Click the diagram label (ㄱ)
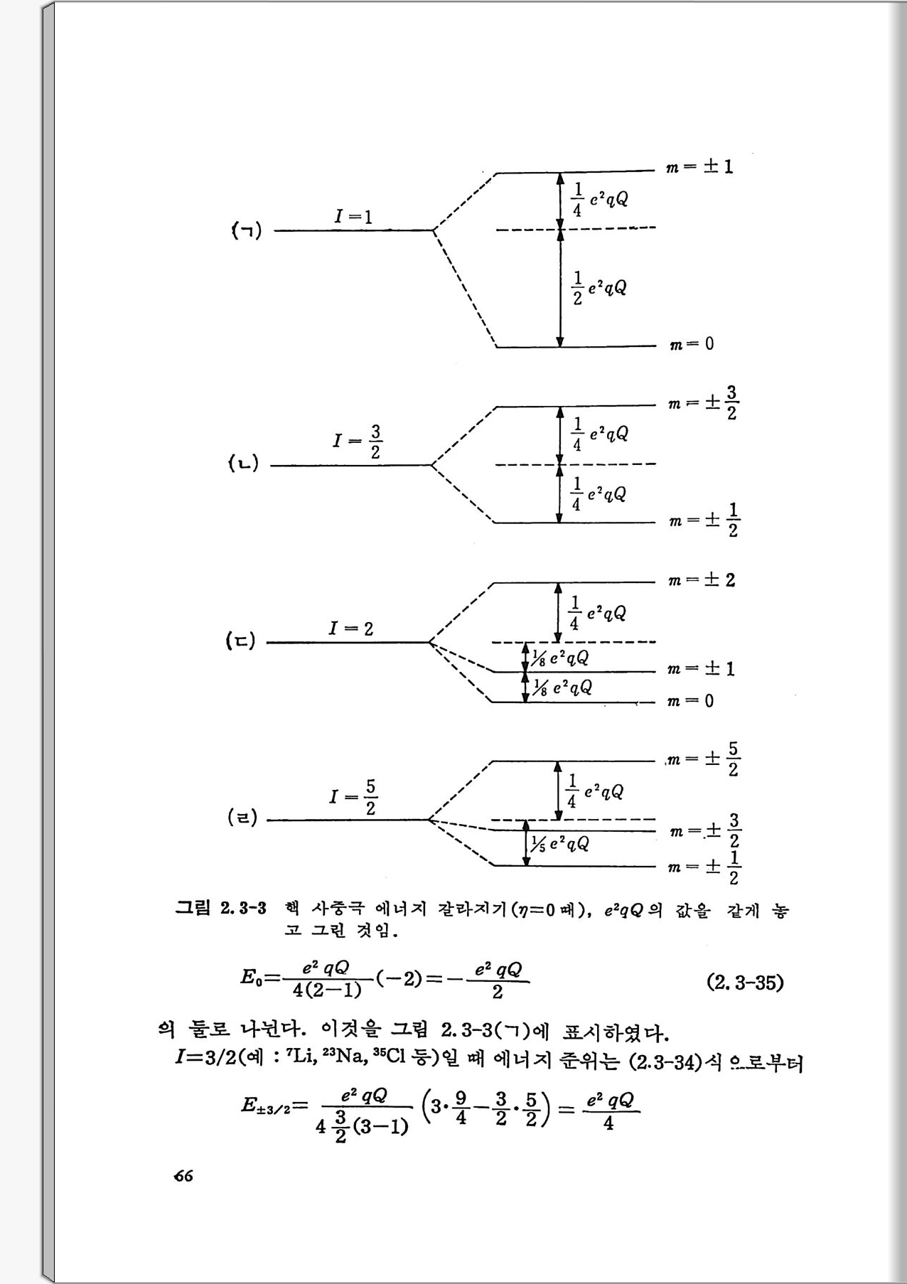click(247, 230)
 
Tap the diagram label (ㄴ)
click(243, 464)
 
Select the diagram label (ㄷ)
click(240, 641)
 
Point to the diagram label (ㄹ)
click(242, 818)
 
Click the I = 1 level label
click(353, 216)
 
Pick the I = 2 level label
click(350, 628)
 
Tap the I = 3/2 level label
click(357, 442)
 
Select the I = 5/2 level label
click(353, 797)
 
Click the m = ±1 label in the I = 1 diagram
click(699, 168)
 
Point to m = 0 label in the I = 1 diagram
click(691, 345)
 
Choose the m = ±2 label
click(701, 580)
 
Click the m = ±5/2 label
click(704, 759)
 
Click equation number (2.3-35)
click(745, 983)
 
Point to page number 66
click(183, 1176)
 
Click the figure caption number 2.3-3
click(242, 908)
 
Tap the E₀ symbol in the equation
click(252, 978)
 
